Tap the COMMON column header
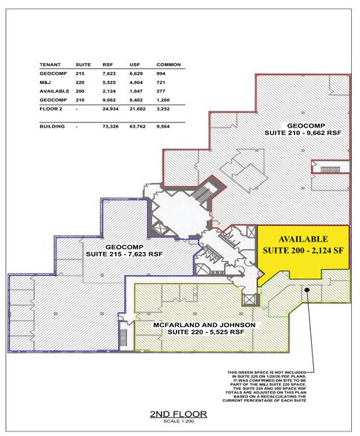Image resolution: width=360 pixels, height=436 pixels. click(x=165, y=65)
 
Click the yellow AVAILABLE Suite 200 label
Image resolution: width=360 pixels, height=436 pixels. click(x=303, y=245)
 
